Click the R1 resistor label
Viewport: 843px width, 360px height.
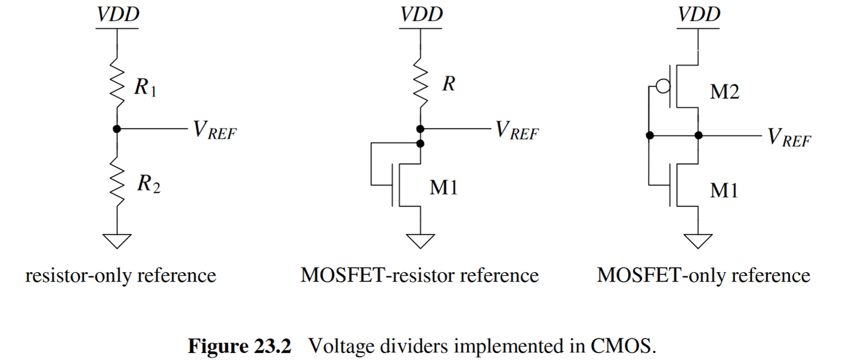coord(145,88)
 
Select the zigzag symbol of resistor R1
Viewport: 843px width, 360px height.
coord(117,85)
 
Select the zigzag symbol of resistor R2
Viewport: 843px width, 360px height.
coord(117,184)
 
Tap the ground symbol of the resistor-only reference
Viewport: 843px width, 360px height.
coord(117,239)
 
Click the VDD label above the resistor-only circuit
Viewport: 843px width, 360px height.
coord(118,14)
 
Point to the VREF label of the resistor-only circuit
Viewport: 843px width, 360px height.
coord(214,131)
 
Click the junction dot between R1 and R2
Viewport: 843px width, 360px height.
coord(117,129)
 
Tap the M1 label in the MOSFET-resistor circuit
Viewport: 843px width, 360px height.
coord(444,189)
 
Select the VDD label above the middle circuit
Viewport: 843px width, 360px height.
coord(420,14)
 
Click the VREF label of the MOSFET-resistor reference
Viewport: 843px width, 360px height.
coord(517,131)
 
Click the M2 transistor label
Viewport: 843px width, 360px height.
coord(724,92)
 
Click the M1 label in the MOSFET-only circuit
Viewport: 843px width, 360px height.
coord(724,190)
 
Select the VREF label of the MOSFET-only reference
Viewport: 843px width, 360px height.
coord(790,138)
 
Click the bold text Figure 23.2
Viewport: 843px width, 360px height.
coord(239,346)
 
